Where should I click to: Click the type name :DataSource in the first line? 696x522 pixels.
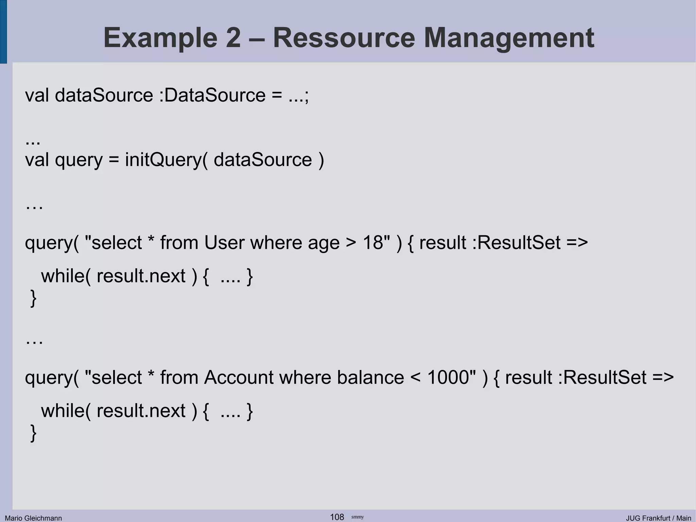212,95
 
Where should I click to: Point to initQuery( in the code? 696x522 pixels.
166,160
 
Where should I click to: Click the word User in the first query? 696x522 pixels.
224,243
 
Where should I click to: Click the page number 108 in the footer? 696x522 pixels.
337,517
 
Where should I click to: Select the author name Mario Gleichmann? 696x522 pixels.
33,518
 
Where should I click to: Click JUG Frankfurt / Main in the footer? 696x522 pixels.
658,518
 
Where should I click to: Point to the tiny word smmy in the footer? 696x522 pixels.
358,517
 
